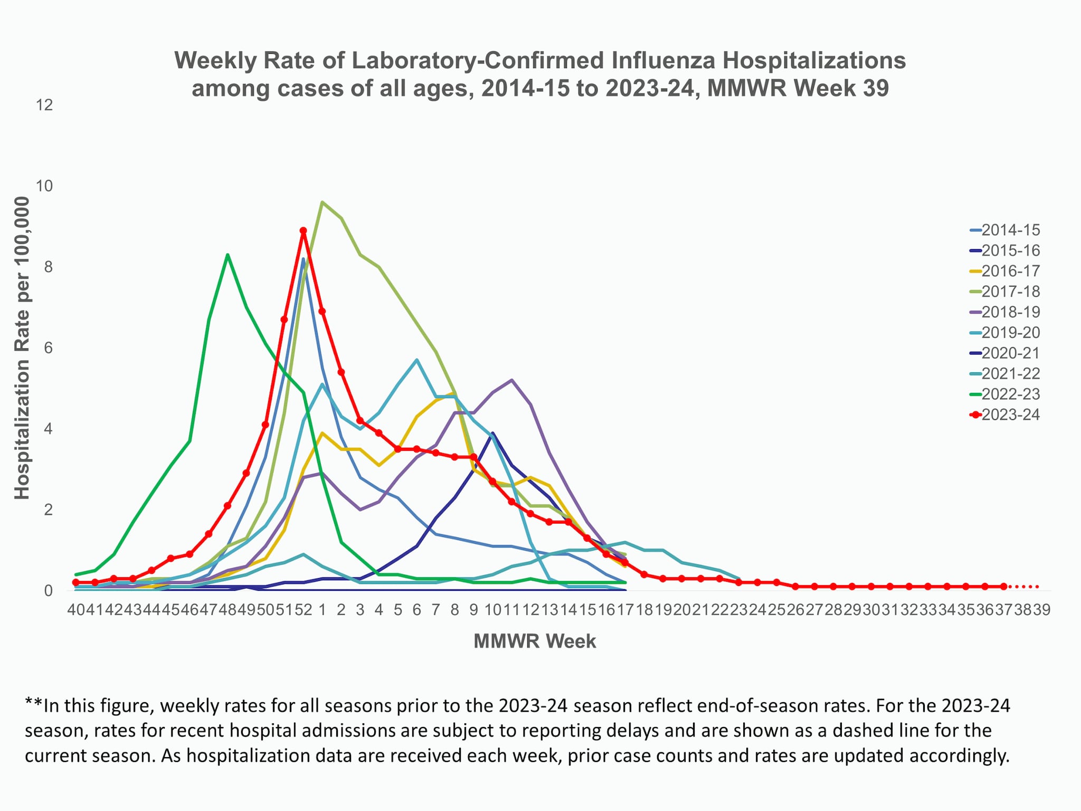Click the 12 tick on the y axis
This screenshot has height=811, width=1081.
(44, 105)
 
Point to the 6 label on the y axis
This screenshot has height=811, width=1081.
(48, 348)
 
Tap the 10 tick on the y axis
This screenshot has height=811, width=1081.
(44, 186)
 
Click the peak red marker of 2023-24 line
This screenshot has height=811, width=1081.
(303, 231)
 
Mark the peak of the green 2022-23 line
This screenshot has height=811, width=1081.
(227, 255)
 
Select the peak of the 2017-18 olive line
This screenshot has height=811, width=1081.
(322, 202)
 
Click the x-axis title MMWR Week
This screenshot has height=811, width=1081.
(535, 642)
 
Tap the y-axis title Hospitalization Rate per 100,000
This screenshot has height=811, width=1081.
(22, 348)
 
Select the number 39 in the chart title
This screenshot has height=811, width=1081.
(876, 88)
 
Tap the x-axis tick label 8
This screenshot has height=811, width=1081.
(454, 610)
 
